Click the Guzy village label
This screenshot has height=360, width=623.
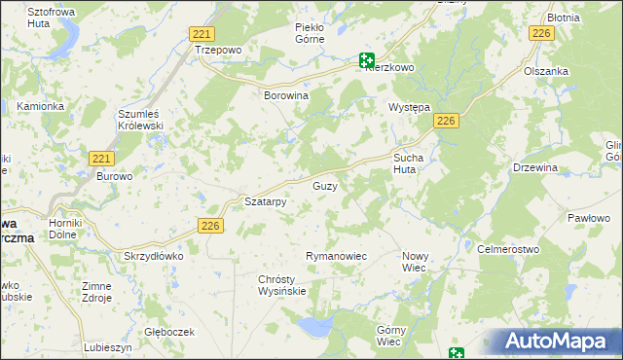[x=325, y=186]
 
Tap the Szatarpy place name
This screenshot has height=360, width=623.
[x=265, y=201]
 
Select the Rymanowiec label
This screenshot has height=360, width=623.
[x=336, y=256]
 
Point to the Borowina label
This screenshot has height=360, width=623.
[x=286, y=96]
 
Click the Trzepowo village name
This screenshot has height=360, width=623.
[x=218, y=49]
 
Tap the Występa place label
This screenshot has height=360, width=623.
[x=409, y=107]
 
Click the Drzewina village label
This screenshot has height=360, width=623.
[x=535, y=167]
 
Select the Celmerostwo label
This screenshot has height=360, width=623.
[x=508, y=249]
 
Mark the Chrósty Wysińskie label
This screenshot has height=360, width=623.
[x=282, y=284]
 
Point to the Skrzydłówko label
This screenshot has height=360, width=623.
[x=154, y=256]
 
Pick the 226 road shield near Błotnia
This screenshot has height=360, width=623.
[x=542, y=34]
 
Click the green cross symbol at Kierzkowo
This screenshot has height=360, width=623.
[x=366, y=58]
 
